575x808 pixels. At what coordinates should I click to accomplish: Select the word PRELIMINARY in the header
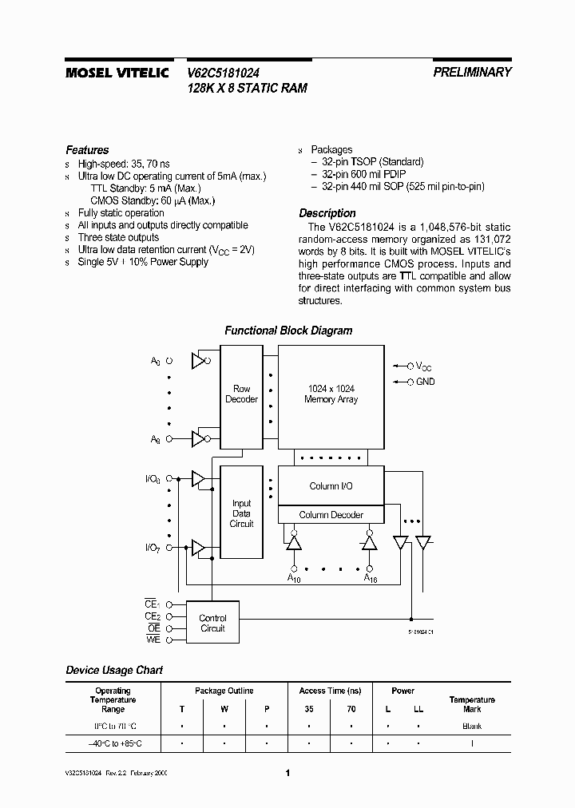pos(472,72)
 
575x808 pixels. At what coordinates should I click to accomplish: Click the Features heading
pos(87,150)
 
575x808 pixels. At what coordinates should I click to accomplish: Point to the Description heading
pos(327,213)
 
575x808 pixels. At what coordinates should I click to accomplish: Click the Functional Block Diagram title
pos(287,331)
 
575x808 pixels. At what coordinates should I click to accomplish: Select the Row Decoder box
pos(241,394)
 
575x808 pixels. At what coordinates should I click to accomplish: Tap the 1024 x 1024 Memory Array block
pos(331,394)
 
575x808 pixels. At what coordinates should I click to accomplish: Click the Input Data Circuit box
pos(241,513)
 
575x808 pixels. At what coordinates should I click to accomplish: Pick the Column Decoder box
pos(331,515)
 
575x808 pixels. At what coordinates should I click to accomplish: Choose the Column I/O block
pos(331,486)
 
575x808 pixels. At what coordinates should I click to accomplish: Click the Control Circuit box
pos(212,623)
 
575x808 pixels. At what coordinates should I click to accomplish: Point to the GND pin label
pos(425,382)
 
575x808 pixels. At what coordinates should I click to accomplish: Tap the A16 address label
pos(370,578)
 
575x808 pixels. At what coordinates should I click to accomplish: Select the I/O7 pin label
pos(153,548)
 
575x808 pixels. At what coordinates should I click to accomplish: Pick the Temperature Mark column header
pos(472,704)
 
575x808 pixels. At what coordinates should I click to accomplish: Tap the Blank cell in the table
pos(472,727)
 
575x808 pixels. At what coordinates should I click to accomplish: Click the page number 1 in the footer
pos(287,773)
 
